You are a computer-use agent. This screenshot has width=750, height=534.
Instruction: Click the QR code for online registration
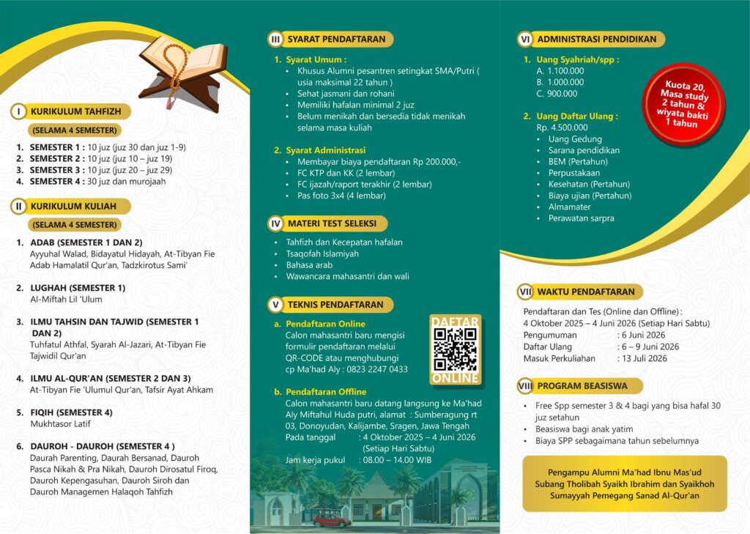coord(455,349)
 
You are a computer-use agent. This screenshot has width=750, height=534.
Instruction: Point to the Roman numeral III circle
coord(275,39)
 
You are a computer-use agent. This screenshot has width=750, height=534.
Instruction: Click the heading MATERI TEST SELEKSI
coord(333,223)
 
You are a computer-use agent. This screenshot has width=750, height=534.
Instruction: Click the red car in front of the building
coord(332,520)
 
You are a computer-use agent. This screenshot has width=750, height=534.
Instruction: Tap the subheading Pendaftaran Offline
coord(325,392)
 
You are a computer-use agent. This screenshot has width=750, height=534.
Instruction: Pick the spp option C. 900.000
coord(557,93)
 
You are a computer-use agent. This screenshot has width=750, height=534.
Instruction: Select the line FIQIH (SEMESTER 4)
coord(71,412)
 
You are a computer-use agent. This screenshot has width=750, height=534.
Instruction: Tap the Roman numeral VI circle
coord(525,39)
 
